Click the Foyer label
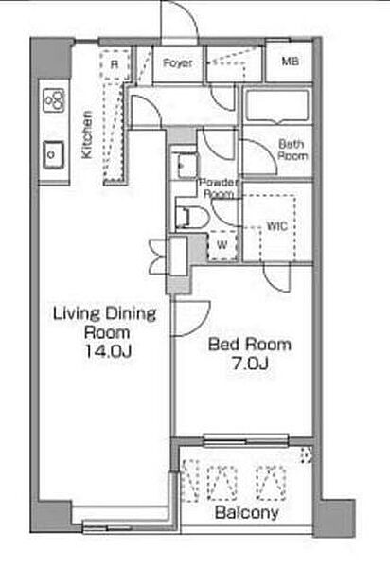click(x=177, y=63)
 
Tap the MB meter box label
click(x=291, y=62)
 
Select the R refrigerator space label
click(x=115, y=64)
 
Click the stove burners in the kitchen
click(x=54, y=99)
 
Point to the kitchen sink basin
click(x=53, y=154)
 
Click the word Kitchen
click(x=87, y=134)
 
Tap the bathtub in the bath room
click(x=277, y=105)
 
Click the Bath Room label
click(x=292, y=150)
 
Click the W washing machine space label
click(x=222, y=244)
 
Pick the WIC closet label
click(x=277, y=226)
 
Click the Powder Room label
click(x=219, y=188)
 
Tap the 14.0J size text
click(x=107, y=351)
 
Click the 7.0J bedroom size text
click(x=250, y=364)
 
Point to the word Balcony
click(x=247, y=512)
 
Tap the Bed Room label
click(x=250, y=345)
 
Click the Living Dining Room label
click(x=105, y=323)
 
